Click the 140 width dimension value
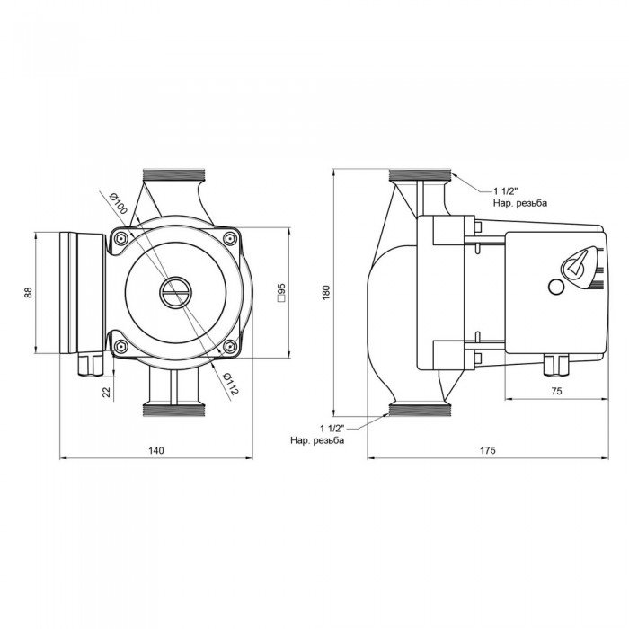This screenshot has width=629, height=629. (x=156, y=450)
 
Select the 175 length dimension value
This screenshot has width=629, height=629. (x=488, y=450)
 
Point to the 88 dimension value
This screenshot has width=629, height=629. (x=28, y=292)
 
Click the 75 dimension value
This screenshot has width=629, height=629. (x=556, y=391)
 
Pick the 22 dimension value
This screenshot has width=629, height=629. (x=106, y=392)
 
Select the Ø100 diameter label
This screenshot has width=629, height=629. (x=118, y=203)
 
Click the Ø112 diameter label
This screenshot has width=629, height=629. (x=230, y=384)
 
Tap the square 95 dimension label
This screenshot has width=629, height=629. (x=281, y=292)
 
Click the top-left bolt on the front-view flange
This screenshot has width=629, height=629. (x=120, y=239)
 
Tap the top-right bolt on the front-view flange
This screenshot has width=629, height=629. (x=229, y=239)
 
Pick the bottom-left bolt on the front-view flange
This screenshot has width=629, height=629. (x=120, y=346)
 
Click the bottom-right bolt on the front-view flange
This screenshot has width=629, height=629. (x=229, y=346)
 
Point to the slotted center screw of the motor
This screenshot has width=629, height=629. (x=175, y=292)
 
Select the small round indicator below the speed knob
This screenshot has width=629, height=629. (x=556, y=287)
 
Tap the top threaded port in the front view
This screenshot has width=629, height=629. (x=174, y=175)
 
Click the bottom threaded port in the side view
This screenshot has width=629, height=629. (x=421, y=410)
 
